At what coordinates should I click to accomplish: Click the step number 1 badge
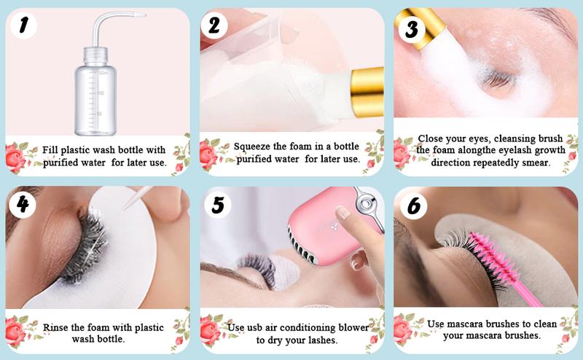24,27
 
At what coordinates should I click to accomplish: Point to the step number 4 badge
23,205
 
